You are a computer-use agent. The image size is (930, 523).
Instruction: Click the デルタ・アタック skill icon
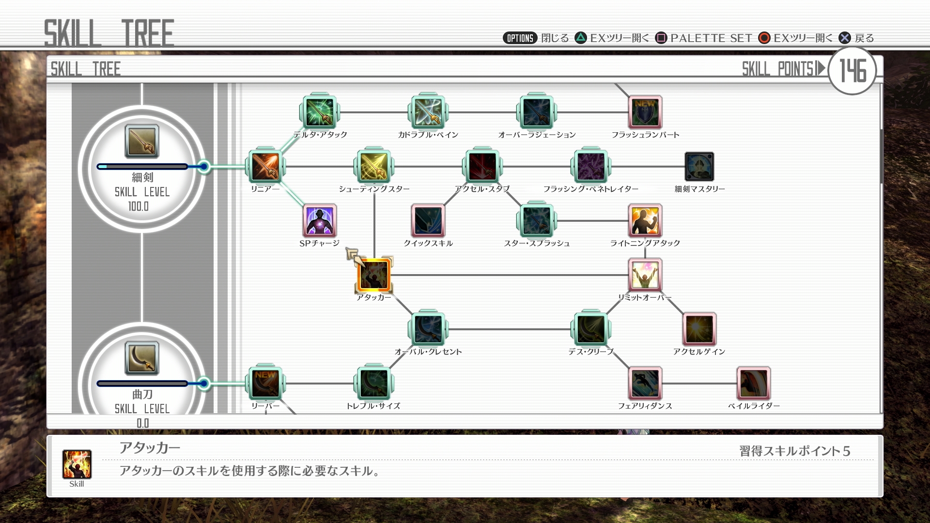click(319, 112)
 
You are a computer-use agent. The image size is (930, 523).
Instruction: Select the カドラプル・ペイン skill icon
click(428, 112)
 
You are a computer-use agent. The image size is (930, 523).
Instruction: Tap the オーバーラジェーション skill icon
click(536, 112)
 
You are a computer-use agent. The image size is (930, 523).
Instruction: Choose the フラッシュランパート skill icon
click(645, 112)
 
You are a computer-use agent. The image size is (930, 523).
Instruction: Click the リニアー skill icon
click(265, 166)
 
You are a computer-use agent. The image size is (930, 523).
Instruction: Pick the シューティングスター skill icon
click(373, 166)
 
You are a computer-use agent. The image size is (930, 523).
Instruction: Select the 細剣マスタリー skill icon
click(699, 167)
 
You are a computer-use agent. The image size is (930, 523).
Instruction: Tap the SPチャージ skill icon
click(319, 220)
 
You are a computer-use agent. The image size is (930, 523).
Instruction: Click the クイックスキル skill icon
click(428, 220)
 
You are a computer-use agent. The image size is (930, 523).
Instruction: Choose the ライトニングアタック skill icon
click(645, 220)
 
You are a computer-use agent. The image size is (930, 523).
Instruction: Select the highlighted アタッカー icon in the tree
click(373, 275)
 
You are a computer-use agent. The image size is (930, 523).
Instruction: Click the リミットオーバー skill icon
click(645, 275)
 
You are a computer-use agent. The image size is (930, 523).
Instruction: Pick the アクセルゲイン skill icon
click(699, 329)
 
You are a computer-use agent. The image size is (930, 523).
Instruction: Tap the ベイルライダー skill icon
click(754, 384)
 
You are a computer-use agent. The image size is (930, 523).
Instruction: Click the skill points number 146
click(853, 71)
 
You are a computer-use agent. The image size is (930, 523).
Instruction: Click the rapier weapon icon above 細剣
click(142, 141)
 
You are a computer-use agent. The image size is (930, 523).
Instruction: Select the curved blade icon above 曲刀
click(142, 358)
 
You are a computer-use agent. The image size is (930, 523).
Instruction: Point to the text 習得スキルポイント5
click(795, 451)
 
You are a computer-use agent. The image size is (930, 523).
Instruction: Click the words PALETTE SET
click(712, 38)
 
